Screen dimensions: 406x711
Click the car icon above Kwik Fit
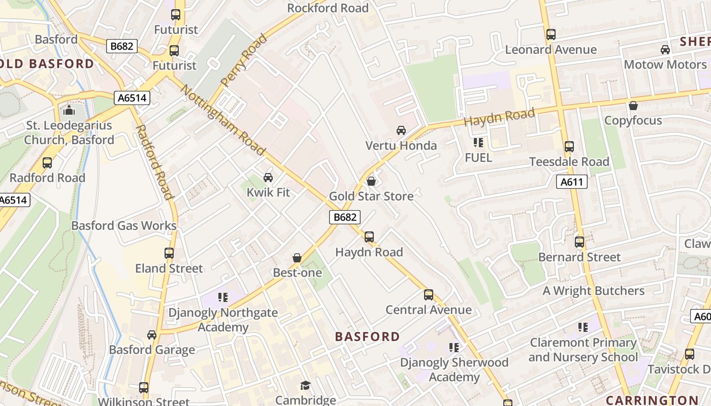(x=268, y=177)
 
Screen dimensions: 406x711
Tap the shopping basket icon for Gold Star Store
(x=371, y=181)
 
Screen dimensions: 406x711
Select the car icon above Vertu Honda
(x=401, y=130)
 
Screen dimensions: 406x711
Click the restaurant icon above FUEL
(x=478, y=143)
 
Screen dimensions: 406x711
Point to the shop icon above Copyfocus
(x=633, y=106)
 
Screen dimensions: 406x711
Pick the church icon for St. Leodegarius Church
(x=69, y=110)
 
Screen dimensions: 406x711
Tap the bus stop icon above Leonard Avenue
(x=551, y=35)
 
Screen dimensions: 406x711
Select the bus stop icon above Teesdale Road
(x=569, y=147)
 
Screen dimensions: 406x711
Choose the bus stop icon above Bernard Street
(x=579, y=242)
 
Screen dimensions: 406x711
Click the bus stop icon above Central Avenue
(x=429, y=295)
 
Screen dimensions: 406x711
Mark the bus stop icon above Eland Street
(x=169, y=253)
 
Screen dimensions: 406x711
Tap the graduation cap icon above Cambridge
(x=305, y=386)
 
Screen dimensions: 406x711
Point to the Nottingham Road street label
(x=223, y=121)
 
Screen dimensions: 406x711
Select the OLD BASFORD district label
(x=47, y=64)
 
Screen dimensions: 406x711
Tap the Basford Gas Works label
(x=124, y=226)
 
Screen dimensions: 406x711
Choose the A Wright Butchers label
(x=594, y=291)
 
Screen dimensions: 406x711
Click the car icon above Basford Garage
(x=152, y=335)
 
